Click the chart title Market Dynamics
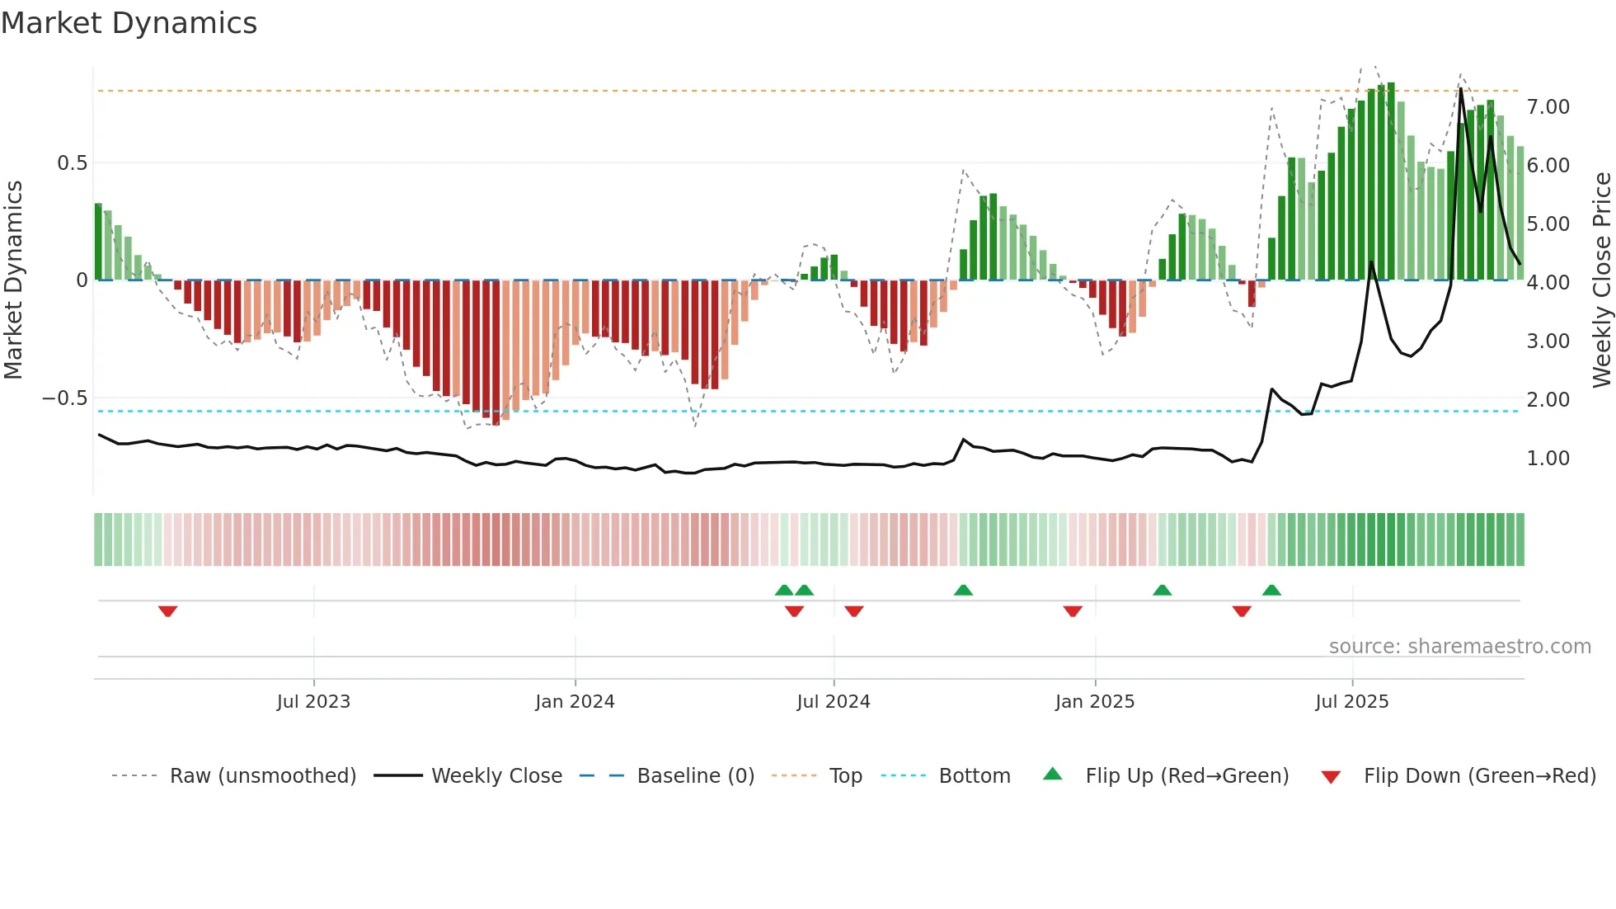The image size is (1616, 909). [x=129, y=23]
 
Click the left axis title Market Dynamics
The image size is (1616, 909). [x=13, y=280]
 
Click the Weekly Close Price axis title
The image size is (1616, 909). [x=1601, y=280]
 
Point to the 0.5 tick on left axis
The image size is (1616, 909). [x=72, y=163]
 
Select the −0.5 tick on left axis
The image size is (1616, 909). [x=65, y=398]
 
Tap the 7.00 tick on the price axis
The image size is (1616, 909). [x=1548, y=107]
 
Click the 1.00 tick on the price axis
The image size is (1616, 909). [x=1548, y=459]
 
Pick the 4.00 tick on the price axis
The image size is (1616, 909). [x=1548, y=283]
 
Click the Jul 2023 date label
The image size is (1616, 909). [x=313, y=702]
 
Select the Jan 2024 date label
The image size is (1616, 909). [x=575, y=702]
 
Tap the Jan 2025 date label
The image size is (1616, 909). [x=1095, y=702]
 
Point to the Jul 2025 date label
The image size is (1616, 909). [x=1352, y=702]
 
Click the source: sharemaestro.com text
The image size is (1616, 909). [x=1459, y=647]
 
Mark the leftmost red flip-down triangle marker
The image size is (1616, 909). [x=167, y=611]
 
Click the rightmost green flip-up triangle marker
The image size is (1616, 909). [x=1271, y=590]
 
